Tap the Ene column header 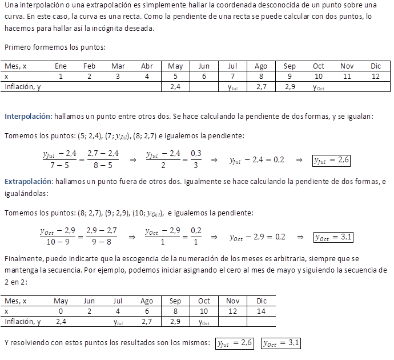pyautogui.click(x=61, y=66)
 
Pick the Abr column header pyautogui.click(x=147, y=66)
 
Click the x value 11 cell pyautogui.click(x=347, y=76)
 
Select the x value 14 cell pyautogui.click(x=262, y=311)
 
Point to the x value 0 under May pyautogui.click(x=61, y=311)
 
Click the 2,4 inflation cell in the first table pyautogui.click(x=175, y=87)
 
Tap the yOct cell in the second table pyautogui.click(x=204, y=322)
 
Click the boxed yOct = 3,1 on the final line pyautogui.click(x=281, y=343)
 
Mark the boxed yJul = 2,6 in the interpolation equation pyautogui.click(x=331, y=161)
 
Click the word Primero pyautogui.click(x=18, y=47)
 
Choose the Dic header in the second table pyautogui.click(x=262, y=301)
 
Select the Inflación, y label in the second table pyautogui.click(x=23, y=322)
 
